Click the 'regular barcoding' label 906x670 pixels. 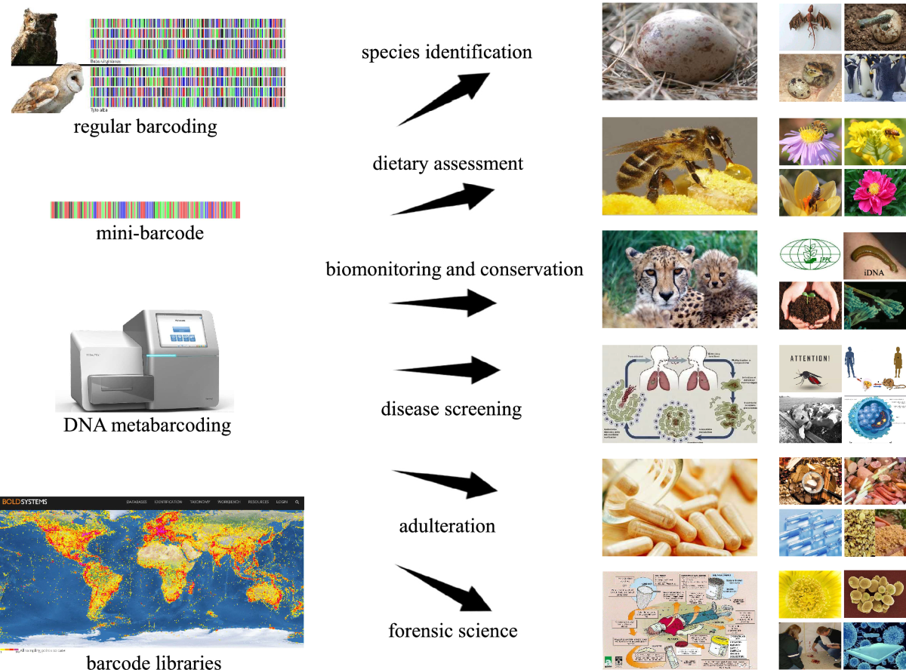click(x=145, y=127)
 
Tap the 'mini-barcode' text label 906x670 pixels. click(x=149, y=233)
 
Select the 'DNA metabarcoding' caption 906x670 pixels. click(x=147, y=426)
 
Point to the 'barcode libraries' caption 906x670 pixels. click(x=153, y=662)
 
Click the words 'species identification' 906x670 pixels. click(x=447, y=52)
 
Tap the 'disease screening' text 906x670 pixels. click(x=451, y=409)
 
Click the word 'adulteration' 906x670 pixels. click(x=447, y=525)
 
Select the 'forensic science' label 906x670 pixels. click(x=453, y=629)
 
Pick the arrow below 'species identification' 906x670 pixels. click(x=445, y=98)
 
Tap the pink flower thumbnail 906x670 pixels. click(x=874, y=192)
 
